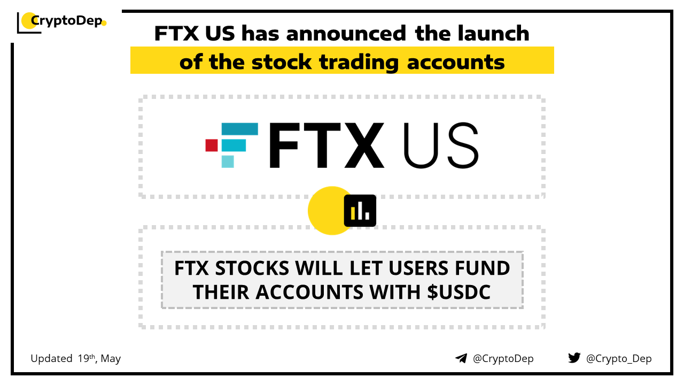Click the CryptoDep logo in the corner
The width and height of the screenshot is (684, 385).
(x=61, y=22)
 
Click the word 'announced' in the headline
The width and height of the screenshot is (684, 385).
(x=346, y=33)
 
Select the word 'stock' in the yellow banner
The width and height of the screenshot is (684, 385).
(x=282, y=62)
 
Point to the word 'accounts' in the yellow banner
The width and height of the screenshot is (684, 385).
(x=456, y=63)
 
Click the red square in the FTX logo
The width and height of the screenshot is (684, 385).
(x=212, y=145)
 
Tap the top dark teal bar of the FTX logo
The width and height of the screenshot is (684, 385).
(x=240, y=129)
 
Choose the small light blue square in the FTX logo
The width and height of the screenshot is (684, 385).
(x=228, y=161)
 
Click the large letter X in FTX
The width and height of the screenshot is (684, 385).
(x=364, y=145)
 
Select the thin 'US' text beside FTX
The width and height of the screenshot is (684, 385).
(x=441, y=145)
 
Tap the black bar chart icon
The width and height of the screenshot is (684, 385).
(x=360, y=211)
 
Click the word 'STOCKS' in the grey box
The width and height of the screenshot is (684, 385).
(x=252, y=268)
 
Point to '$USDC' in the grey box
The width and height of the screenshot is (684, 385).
(x=458, y=292)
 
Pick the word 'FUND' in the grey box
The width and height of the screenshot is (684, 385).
(x=483, y=268)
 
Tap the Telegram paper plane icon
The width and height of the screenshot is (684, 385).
(x=461, y=358)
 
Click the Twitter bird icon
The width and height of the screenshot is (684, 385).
(x=574, y=358)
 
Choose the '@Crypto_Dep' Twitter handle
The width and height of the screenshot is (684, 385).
(x=619, y=359)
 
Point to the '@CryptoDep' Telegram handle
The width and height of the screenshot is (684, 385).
(x=503, y=359)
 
